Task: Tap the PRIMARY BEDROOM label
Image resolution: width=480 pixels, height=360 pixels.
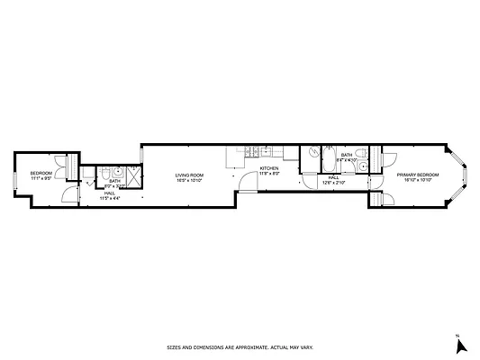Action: coord(418,174)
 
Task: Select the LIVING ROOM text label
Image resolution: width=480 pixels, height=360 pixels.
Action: coord(189,175)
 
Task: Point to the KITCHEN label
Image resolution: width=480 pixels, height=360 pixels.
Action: coord(269,168)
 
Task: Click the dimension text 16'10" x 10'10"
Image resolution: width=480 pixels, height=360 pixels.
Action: coord(418,179)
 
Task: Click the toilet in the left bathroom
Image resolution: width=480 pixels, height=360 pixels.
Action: coord(106,173)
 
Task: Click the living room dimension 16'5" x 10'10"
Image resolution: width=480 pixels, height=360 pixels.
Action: coord(189,180)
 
